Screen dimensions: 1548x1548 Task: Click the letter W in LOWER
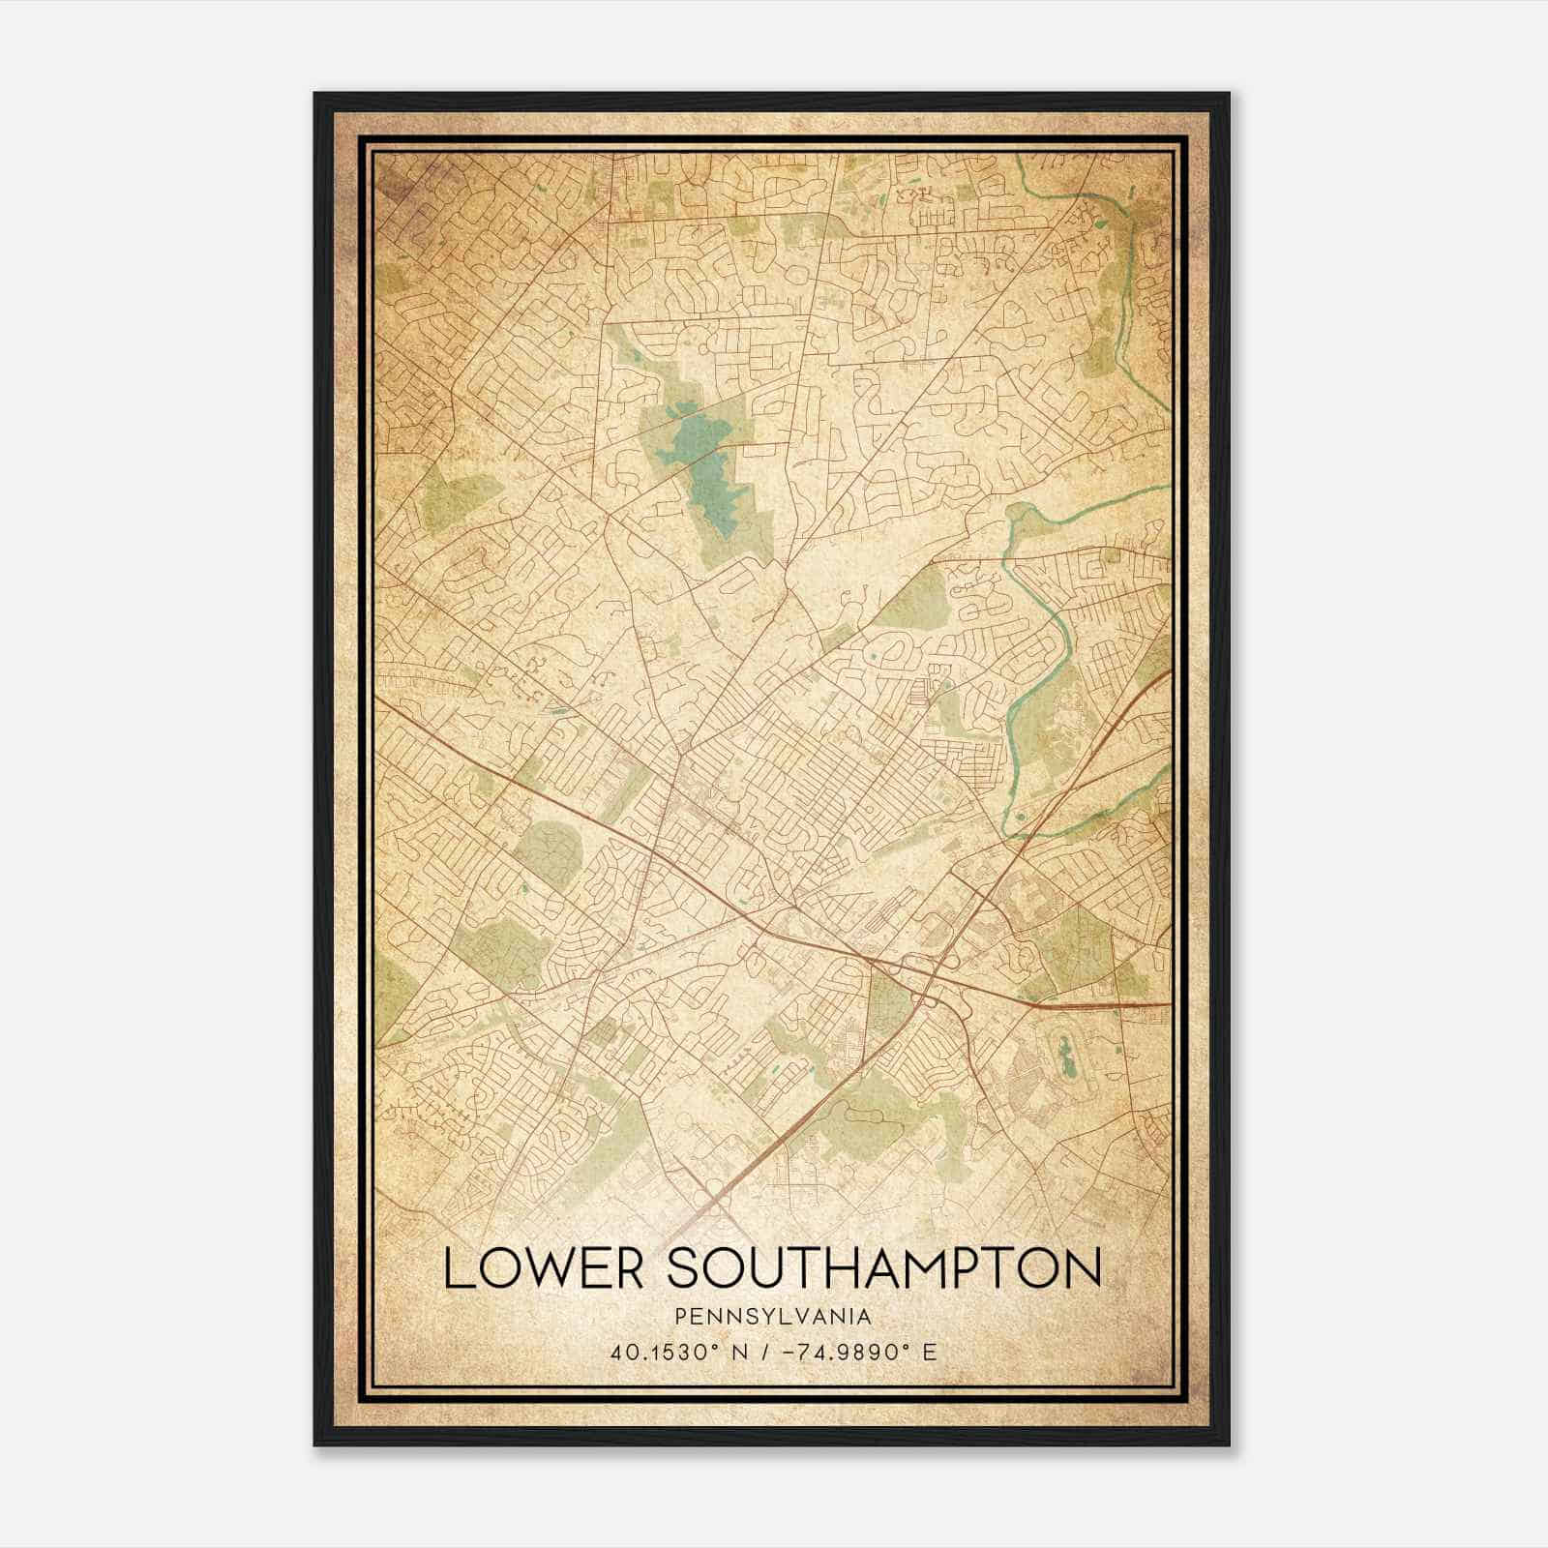click(546, 1268)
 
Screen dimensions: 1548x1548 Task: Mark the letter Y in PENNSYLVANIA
click(754, 1316)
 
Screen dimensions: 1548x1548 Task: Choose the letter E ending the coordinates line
click(931, 1353)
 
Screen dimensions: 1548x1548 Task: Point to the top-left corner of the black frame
click(315, 94)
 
